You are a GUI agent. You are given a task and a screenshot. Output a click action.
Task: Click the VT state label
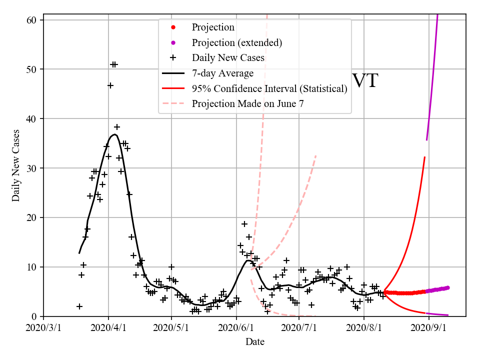point(365,81)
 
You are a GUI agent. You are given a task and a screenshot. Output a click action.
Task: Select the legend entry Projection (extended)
point(236,42)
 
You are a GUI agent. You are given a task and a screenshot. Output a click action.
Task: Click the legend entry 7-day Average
point(222,73)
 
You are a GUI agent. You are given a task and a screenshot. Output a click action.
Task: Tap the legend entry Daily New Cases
point(228,58)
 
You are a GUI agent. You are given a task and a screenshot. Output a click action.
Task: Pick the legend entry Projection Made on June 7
point(247,104)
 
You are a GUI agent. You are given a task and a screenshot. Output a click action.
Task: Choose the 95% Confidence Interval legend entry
point(269,89)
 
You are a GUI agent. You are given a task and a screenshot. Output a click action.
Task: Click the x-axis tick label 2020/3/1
point(43,328)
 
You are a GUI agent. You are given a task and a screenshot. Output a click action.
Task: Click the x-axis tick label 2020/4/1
point(108,328)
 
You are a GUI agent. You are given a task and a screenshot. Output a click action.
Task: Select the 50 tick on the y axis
point(34,69)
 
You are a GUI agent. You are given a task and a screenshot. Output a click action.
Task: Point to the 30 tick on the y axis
point(34,168)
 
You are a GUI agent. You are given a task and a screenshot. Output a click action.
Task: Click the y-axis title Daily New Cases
point(16,165)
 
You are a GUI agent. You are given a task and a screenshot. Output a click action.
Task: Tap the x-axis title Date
point(254,342)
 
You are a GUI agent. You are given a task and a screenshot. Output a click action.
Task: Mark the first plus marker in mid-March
point(79,306)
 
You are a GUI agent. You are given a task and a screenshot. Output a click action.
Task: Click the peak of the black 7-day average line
point(114,134)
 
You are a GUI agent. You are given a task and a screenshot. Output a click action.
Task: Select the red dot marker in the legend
point(173,27)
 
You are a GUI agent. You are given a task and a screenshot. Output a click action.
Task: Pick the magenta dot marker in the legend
point(173,42)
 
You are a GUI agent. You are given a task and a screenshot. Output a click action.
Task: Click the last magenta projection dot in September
point(447,287)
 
